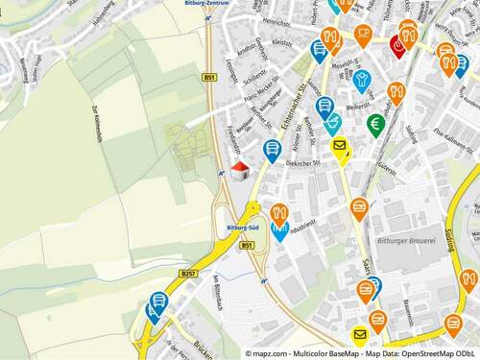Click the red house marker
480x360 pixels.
[240, 170]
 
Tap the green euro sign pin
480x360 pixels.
[375, 124]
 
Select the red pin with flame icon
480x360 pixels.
[400, 44]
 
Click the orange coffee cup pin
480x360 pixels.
[363, 35]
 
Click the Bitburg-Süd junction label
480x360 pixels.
[243, 228]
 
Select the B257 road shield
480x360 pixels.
[187, 274]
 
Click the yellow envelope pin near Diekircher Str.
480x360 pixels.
[340, 147]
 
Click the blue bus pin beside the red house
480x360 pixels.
[272, 149]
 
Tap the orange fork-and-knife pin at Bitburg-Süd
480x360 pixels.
[279, 213]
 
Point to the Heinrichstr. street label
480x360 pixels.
[276, 21]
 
